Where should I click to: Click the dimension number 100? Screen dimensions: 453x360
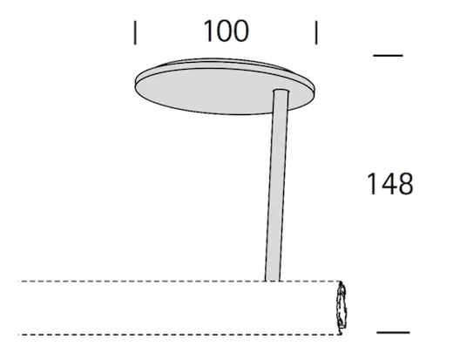point(226,31)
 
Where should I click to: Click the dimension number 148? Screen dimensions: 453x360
point(390,184)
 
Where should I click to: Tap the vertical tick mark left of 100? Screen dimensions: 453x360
point(135,32)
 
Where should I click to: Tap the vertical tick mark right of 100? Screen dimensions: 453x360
point(316,32)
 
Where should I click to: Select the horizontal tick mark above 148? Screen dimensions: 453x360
point(388,55)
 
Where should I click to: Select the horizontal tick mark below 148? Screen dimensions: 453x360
point(393,332)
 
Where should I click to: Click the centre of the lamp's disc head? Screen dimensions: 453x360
point(225,86)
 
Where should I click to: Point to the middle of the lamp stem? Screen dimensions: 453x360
point(277,186)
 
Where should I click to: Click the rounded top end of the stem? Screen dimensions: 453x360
point(281,92)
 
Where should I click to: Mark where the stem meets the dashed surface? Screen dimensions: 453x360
point(272,281)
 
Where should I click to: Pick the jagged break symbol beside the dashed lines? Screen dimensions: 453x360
point(341,308)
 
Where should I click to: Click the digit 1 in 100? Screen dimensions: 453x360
point(208,31)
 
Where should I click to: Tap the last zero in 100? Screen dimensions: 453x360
point(241,31)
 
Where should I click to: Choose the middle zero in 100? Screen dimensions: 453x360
point(224,31)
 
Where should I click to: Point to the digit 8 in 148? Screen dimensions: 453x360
point(405,184)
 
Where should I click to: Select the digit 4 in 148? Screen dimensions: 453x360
point(389,184)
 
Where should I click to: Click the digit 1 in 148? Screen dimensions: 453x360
point(372,184)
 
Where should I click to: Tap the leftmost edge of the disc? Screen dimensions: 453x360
point(135,85)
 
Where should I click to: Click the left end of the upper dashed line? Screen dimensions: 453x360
point(18,282)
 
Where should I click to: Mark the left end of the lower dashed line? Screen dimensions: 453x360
point(18,335)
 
